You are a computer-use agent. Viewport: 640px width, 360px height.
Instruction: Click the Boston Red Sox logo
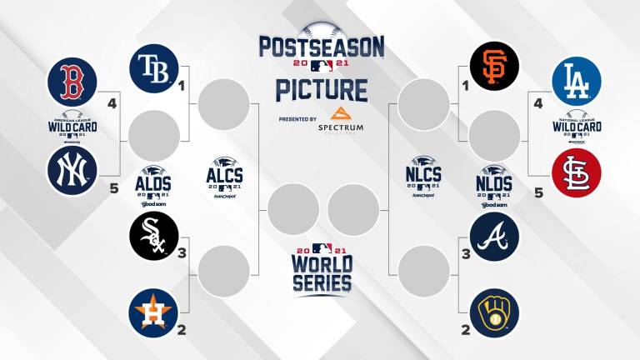[72, 81]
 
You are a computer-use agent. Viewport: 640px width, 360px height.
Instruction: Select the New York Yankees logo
[72, 170]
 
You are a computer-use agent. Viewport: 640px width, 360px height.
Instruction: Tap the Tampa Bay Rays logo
[154, 66]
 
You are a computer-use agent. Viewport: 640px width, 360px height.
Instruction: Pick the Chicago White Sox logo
[154, 236]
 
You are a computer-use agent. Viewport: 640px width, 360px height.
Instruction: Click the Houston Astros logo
[154, 312]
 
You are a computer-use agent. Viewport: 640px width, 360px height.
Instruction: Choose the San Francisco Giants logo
[494, 66]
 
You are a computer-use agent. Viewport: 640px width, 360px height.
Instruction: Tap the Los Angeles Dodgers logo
[577, 81]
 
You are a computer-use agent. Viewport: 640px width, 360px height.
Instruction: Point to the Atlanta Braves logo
[494, 236]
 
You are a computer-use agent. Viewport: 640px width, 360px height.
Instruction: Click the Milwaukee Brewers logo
[494, 312]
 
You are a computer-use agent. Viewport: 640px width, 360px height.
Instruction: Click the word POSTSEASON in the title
[322, 46]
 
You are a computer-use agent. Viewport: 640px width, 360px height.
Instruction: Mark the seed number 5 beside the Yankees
[114, 188]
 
